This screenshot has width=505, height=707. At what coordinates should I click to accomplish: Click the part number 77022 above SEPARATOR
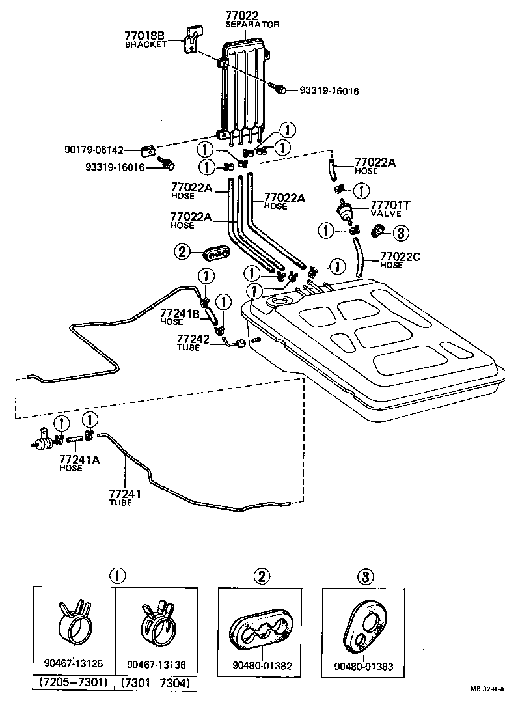point(242,15)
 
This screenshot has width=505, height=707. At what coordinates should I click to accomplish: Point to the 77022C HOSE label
point(400,260)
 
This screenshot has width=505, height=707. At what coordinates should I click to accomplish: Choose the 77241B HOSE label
point(180,316)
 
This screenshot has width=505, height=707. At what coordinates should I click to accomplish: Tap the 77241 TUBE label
point(124,497)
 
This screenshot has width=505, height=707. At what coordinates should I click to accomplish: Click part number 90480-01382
point(262,667)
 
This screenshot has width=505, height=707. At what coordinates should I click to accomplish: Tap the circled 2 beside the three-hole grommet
point(182,251)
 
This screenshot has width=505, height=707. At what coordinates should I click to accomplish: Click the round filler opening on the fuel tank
point(280,301)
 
